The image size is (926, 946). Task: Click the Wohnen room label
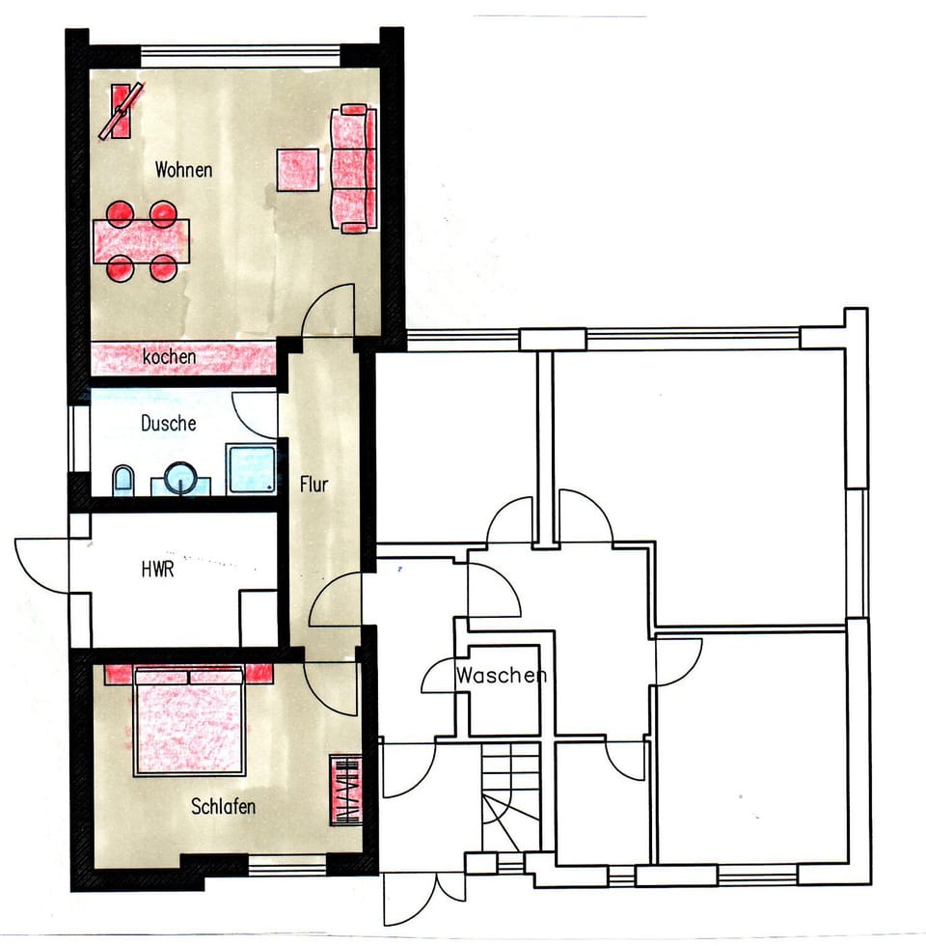click(x=183, y=170)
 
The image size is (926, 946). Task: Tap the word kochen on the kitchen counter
click(x=170, y=357)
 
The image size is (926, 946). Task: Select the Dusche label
click(x=168, y=423)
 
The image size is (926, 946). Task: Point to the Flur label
click(x=313, y=484)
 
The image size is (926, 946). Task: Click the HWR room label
click(x=156, y=570)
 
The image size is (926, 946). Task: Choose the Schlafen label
click(x=223, y=806)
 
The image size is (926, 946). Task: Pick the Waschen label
click(x=502, y=675)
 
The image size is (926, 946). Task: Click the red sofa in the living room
click(x=353, y=169)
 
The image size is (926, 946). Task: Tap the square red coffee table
click(x=299, y=170)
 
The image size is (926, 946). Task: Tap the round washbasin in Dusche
click(x=180, y=478)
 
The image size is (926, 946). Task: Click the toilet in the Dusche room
click(x=123, y=480)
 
